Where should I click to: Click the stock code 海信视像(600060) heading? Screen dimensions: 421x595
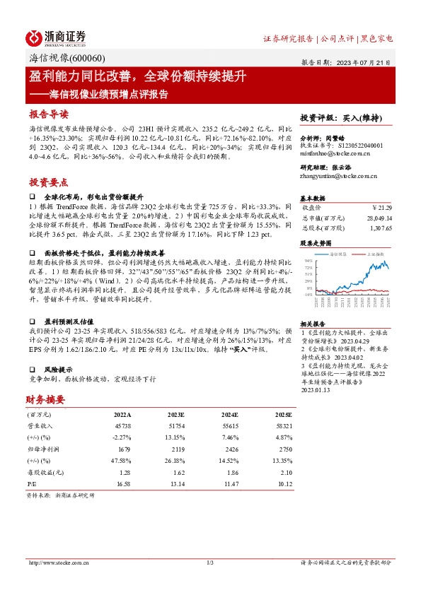point(67,59)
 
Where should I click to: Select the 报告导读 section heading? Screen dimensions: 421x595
point(49,114)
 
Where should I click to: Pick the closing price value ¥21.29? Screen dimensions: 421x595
point(382,208)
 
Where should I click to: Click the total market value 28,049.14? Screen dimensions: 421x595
point(379,218)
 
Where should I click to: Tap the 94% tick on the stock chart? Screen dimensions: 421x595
point(308,260)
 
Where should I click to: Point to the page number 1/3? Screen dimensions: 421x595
point(210,562)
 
